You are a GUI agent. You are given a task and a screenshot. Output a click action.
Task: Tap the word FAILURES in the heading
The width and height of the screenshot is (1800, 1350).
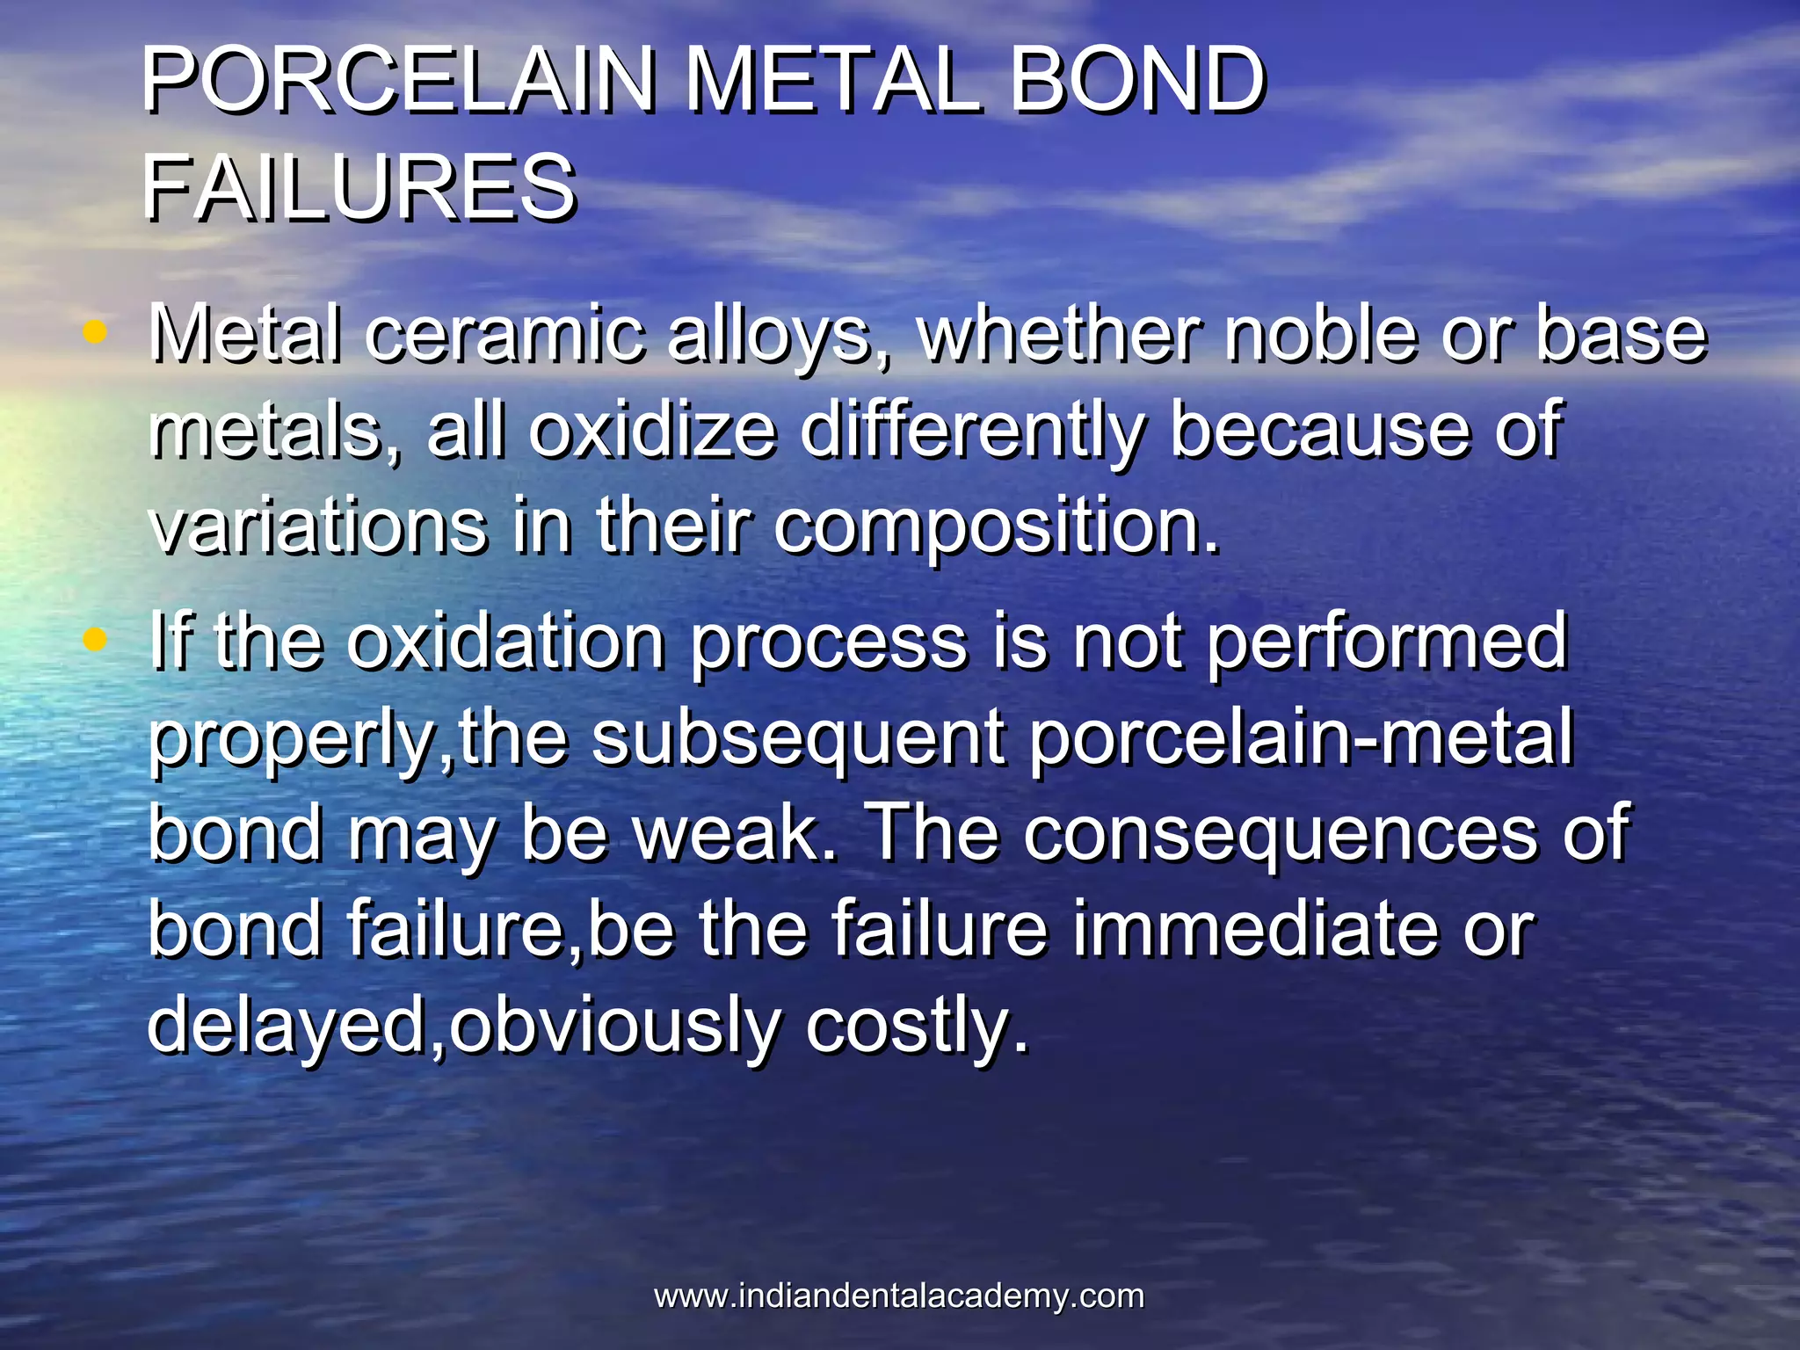click(359, 187)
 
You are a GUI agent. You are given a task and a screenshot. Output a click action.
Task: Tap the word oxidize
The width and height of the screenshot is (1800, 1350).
click(652, 431)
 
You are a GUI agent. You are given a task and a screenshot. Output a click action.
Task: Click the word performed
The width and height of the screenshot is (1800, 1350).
click(1386, 643)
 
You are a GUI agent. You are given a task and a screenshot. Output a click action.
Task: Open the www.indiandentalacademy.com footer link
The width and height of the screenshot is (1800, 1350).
click(899, 1296)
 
